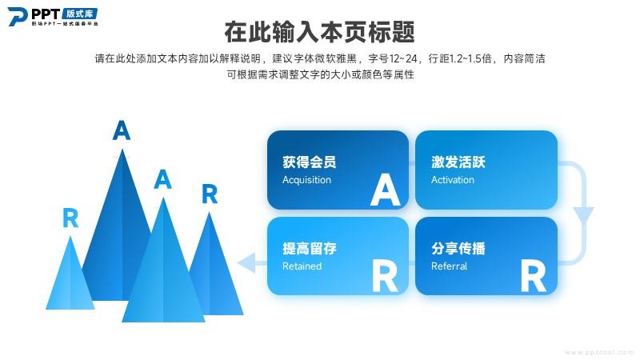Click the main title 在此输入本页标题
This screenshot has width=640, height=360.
coord(319,32)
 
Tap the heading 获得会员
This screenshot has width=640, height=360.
coord(310,162)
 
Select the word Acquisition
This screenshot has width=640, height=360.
coord(306,180)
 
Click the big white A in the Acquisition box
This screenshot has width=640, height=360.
coord(385,190)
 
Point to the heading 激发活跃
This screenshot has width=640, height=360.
coord(458,162)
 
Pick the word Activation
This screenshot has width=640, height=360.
coord(453,180)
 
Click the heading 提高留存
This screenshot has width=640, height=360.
coord(310,248)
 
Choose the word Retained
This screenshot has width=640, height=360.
coord(302,266)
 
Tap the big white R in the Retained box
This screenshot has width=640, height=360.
coord(385,276)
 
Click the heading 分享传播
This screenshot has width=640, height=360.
coord(458,248)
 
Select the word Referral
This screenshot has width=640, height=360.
coord(449,266)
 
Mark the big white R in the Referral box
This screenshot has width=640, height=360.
coord(534,276)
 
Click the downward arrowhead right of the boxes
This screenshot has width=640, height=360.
coord(584,214)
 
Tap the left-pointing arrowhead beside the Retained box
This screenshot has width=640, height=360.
coord(246,262)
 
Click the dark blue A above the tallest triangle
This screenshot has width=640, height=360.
coord(122,130)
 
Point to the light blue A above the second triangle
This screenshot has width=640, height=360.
coord(162,178)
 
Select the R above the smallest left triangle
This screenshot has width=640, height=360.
coord(70,218)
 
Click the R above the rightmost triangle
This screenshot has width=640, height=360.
coord(210,194)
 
